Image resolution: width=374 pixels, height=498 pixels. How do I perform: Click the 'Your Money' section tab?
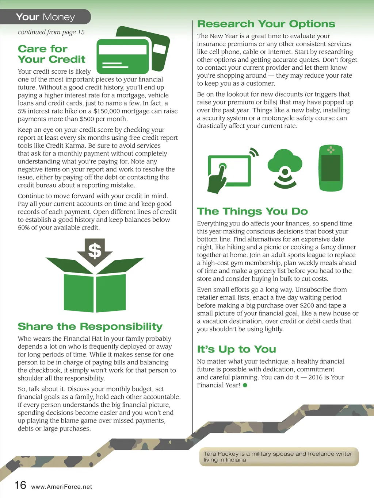tap(45, 17)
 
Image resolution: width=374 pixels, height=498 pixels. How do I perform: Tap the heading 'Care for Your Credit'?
tap(51, 54)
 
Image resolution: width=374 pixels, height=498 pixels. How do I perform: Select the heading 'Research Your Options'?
tap(266, 24)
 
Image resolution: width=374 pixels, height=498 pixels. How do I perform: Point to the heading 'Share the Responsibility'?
tap(90, 327)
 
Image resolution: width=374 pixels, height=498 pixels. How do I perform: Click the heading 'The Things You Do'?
tap(252, 211)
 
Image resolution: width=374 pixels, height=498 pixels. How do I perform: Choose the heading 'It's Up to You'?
tap(237, 349)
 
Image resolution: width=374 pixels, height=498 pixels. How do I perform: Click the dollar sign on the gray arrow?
tap(95, 251)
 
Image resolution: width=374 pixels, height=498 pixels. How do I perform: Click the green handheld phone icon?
tap(331, 168)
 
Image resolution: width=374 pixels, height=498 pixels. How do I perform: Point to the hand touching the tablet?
tap(217, 178)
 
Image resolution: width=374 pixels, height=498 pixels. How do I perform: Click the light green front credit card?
tap(123, 57)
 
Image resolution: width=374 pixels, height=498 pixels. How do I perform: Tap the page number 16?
tap(20, 485)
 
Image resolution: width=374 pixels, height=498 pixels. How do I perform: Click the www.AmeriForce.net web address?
tap(61, 487)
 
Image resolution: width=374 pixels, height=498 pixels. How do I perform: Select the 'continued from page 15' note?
tap(51, 32)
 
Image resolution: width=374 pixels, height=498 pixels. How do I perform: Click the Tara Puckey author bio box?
tap(279, 457)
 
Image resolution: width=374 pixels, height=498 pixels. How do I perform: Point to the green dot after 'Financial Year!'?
tap(245, 385)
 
